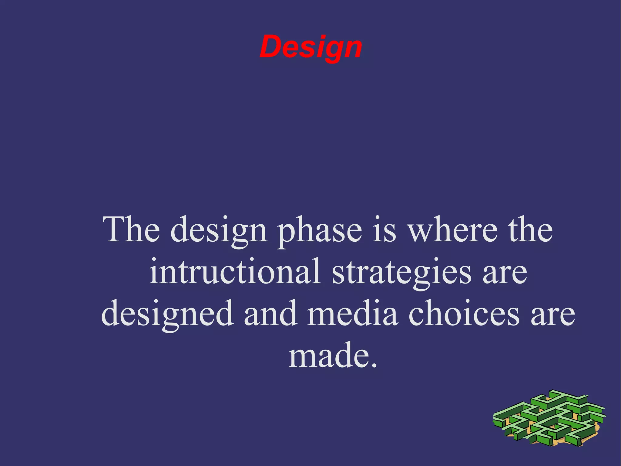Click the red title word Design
point(311,47)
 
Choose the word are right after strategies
point(505,273)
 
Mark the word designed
point(167,314)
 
